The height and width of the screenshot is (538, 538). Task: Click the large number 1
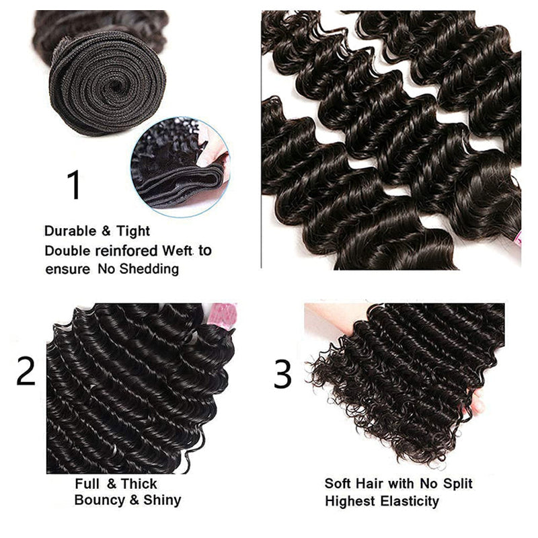pos(74,185)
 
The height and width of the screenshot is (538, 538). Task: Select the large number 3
pos(282,375)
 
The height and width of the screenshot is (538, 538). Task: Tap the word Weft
pos(176,251)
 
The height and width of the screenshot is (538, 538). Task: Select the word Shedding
pos(147,270)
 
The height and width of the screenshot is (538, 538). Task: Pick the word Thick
pos(139,484)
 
